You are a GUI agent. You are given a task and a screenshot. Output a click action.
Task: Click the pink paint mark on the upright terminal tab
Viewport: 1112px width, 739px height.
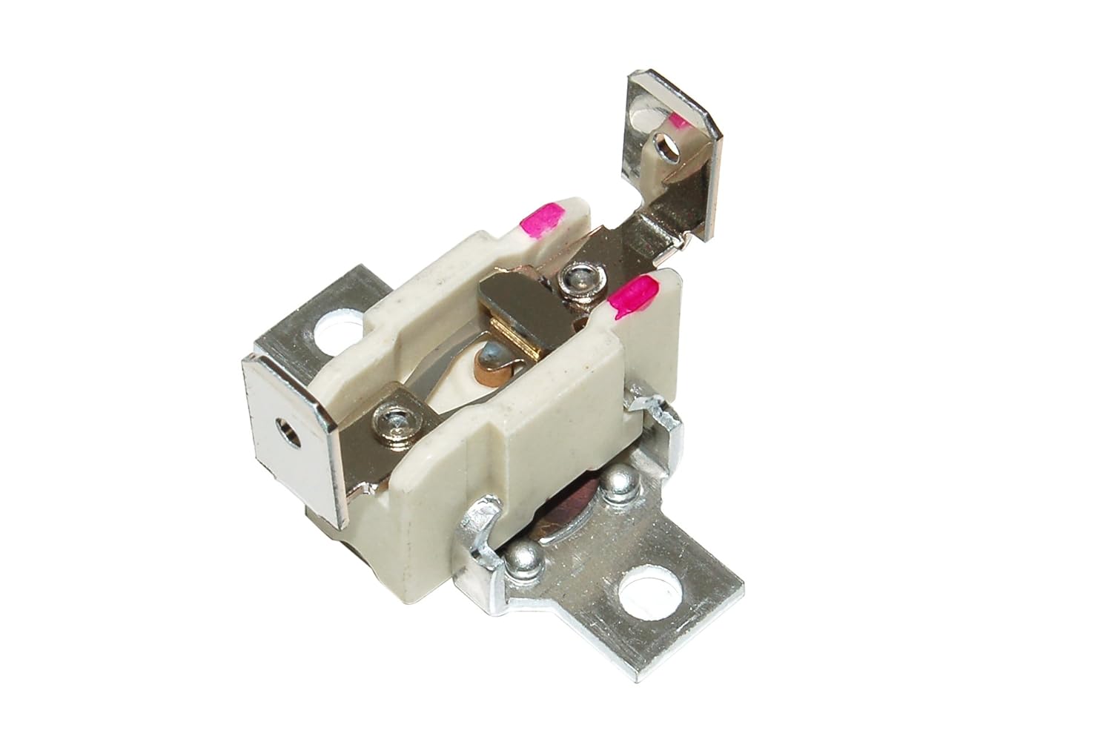coord(677,121)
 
